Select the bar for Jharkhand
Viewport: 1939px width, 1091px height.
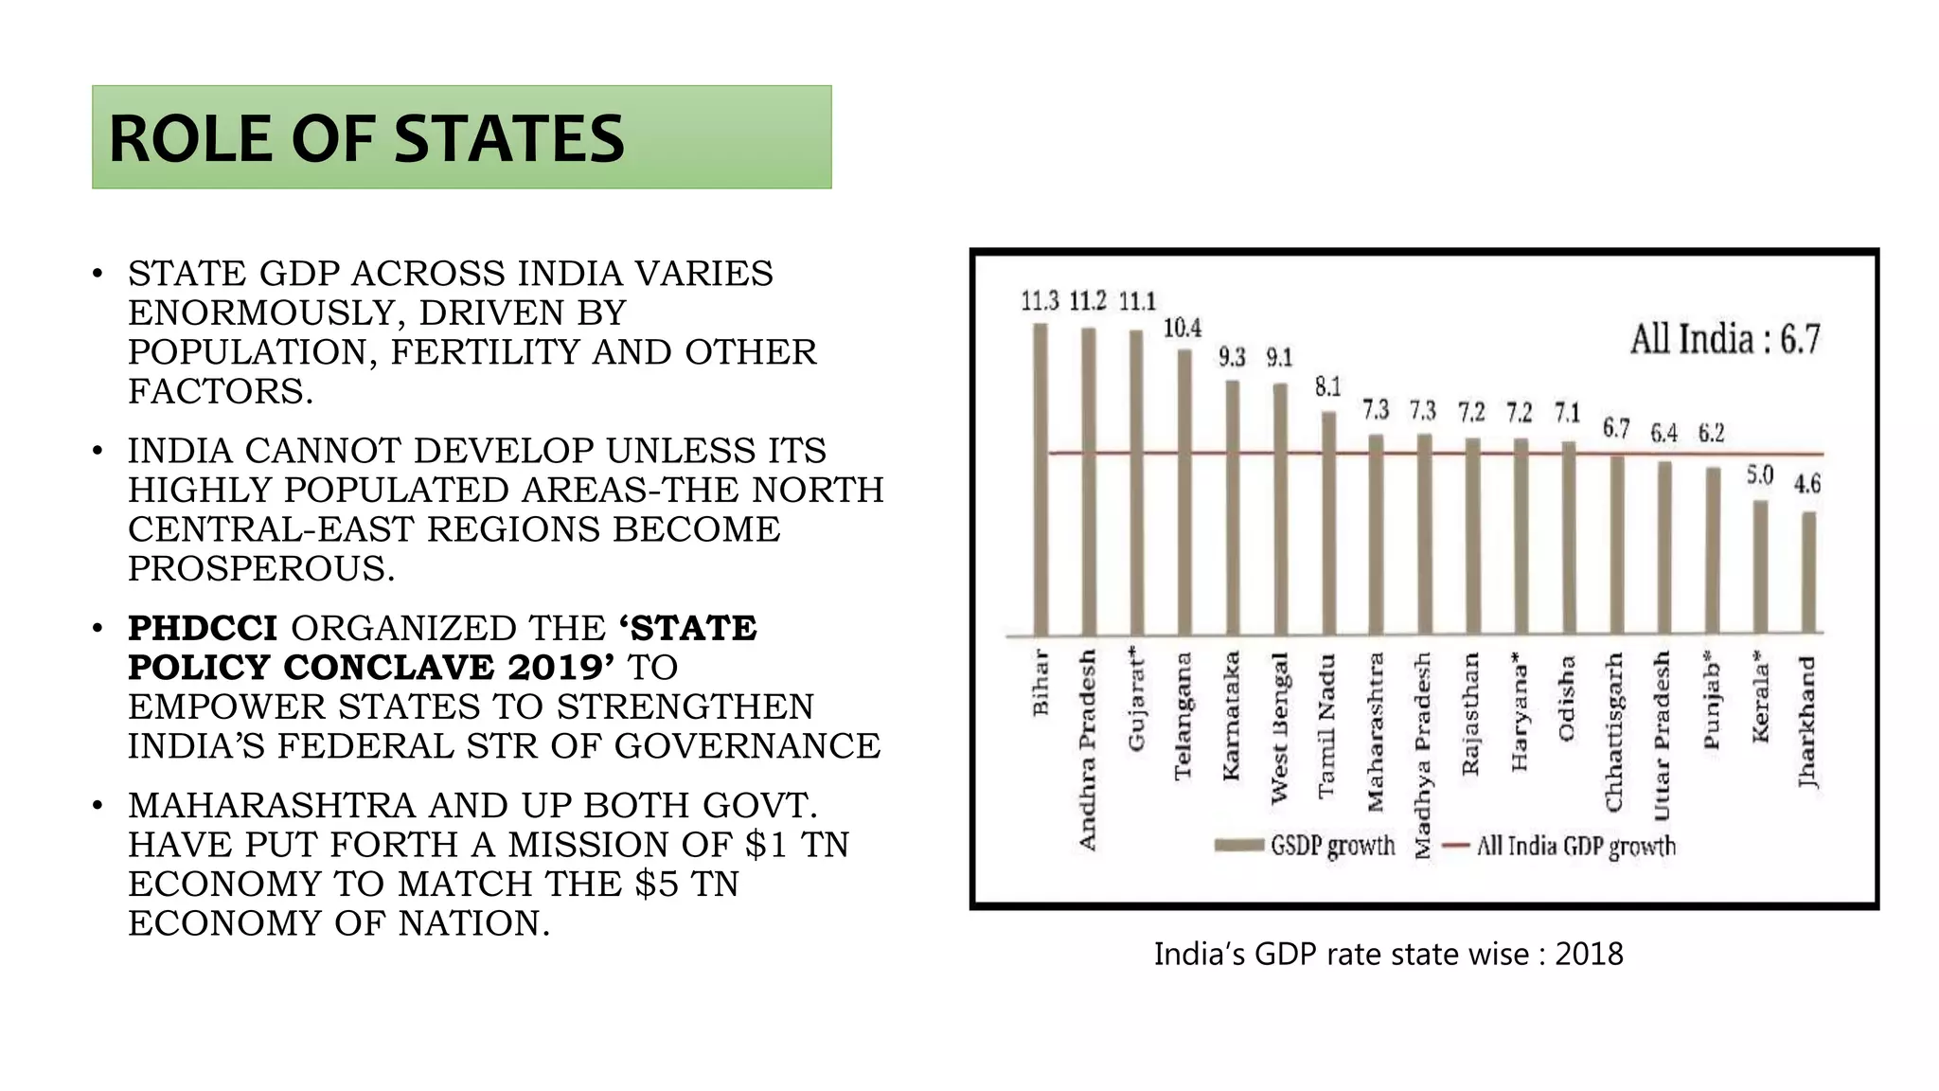tap(1808, 572)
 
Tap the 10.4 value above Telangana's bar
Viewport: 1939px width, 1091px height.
tap(1183, 329)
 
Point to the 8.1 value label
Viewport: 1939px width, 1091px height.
tap(1327, 386)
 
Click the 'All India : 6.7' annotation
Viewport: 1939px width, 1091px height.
tap(1724, 339)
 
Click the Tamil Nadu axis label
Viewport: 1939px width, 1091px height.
tap(1327, 724)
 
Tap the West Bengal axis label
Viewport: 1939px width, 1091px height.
tap(1279, 727)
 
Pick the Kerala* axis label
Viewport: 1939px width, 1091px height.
tap(1760, 696)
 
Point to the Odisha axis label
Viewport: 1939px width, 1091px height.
tap(1567, 698)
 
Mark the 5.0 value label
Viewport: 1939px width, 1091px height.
tap(1759, 474)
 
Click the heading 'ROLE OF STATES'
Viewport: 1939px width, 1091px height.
tap(366, 139)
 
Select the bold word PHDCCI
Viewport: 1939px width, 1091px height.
tap(203, 628)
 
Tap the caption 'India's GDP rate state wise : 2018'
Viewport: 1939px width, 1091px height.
tap(1388, 954)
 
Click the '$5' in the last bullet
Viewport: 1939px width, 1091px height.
tap(656, 884)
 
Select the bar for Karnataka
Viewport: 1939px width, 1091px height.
tap(1232, 508)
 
